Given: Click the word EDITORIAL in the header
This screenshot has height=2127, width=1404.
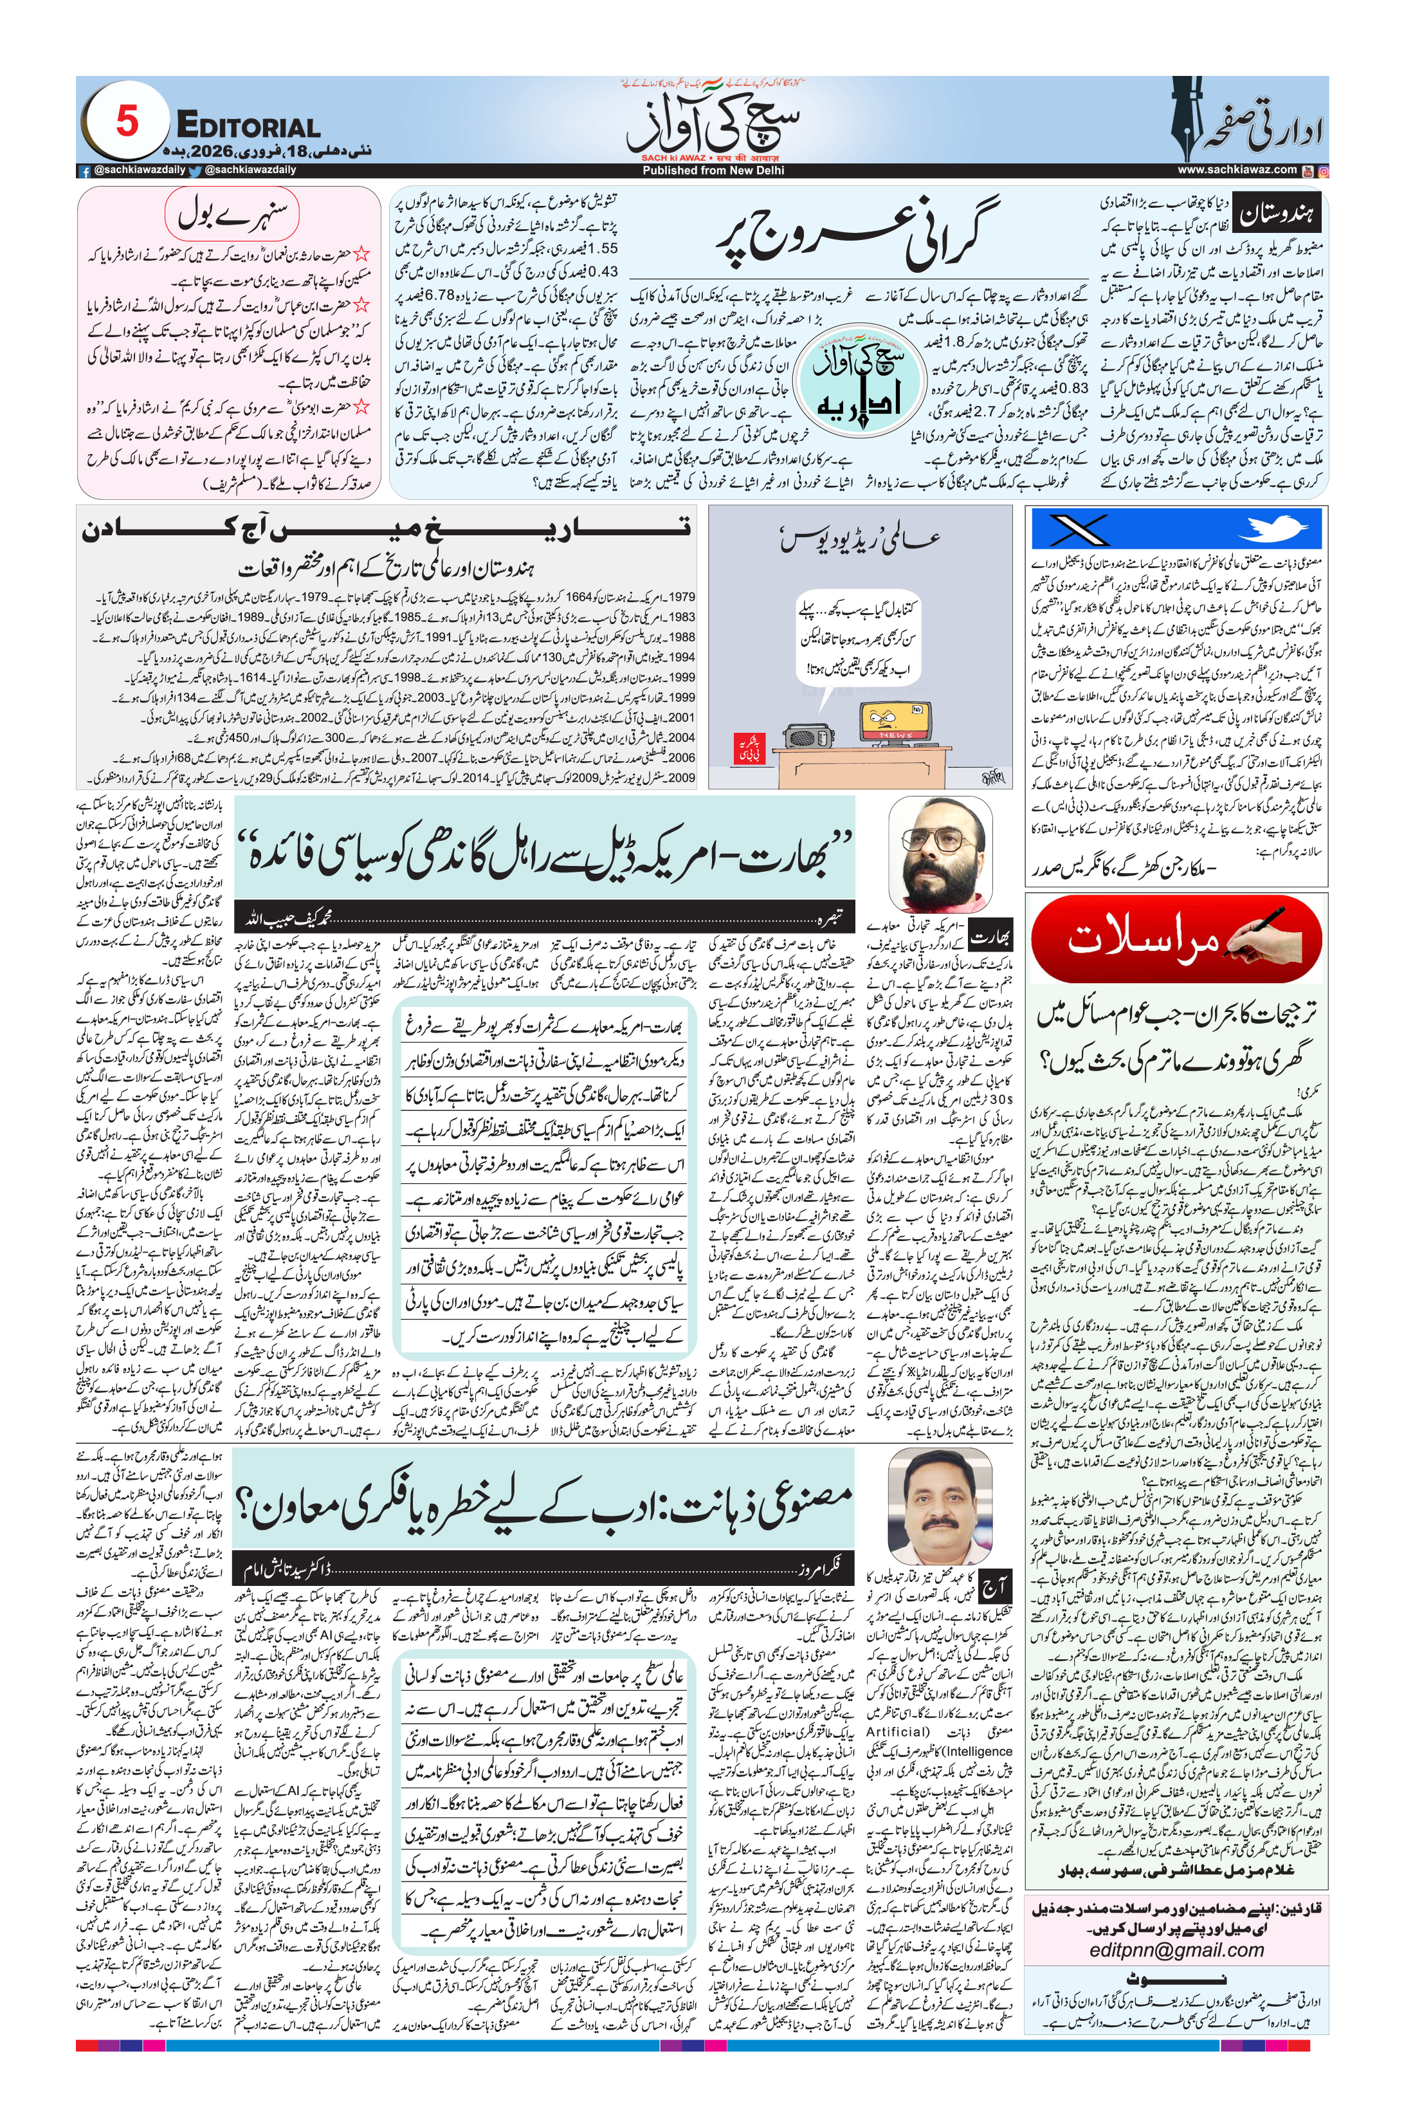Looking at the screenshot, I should tap(248, 127).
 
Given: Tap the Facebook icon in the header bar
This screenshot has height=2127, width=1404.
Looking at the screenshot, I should tap(85, 170).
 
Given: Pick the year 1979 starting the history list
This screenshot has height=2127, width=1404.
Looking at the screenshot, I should tap(682, 596).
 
